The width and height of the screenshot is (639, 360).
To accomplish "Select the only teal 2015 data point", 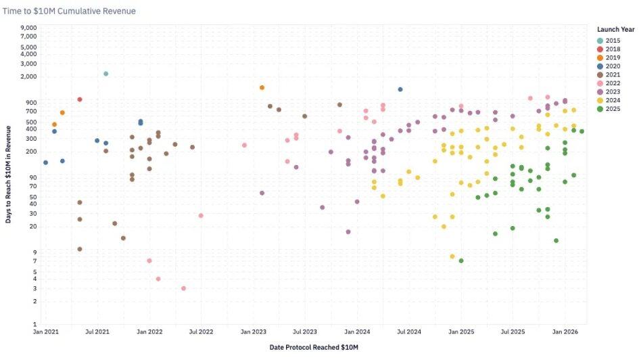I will pos(106,74).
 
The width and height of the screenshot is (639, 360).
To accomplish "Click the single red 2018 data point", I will pos(80,99).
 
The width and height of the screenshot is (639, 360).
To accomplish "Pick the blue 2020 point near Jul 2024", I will pos(400,89).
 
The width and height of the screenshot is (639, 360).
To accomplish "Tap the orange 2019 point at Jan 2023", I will pos(262,88).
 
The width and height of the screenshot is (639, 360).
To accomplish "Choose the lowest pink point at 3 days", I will pos(183,288).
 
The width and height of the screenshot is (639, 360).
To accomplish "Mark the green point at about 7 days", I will pos(461,261).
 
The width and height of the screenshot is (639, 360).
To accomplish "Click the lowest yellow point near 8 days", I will pos(452,256).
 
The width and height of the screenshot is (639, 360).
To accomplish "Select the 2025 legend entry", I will pos(613,108).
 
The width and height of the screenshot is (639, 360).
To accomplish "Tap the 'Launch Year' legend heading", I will pos(615,29).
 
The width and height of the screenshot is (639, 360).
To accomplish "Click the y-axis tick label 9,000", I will pos(28,28).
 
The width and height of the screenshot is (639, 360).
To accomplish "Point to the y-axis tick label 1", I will pos(34,324).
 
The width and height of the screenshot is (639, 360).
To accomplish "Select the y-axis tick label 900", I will pos(31,103).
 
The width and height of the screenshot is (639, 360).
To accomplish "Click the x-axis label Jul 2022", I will pos(202,332).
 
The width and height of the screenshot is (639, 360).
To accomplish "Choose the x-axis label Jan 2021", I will pos(45,332).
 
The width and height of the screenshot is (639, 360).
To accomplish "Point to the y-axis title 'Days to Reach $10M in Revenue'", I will pos(9,175).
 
